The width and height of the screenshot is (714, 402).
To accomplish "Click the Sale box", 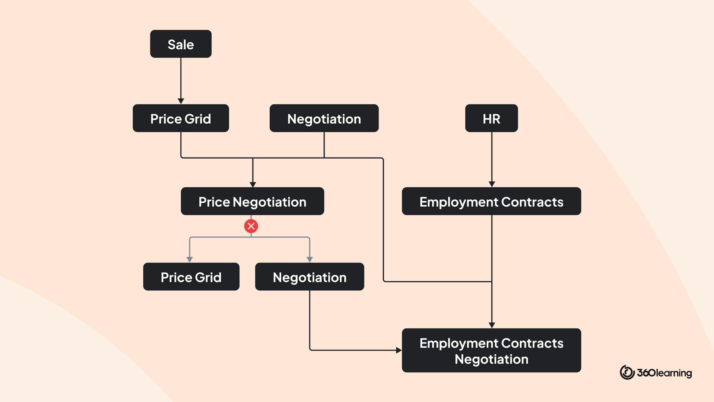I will point(181,44).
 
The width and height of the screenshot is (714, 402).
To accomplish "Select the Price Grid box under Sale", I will point(181,118).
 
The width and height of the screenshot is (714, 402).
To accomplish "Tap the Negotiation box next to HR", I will point(324,118).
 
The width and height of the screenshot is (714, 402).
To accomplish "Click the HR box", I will point(491,118).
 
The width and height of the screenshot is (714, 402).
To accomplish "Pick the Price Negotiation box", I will point(252,201).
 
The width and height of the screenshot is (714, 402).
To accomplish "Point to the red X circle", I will point(251,226).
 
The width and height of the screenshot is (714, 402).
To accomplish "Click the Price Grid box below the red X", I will point(191,277).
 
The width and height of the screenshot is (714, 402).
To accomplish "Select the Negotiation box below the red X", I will point(309,277).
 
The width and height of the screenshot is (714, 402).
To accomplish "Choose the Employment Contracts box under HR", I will point(491,201).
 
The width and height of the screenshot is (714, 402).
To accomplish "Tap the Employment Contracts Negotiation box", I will point(491,350).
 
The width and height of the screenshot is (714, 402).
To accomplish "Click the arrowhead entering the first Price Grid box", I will point(181,101).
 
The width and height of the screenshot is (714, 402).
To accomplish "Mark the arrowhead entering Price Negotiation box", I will point(253,184).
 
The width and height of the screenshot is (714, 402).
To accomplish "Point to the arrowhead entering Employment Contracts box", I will point(492,184).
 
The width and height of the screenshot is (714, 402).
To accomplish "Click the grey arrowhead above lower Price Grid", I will point(190,259).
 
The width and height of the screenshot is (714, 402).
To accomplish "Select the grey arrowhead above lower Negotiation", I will point(309,259).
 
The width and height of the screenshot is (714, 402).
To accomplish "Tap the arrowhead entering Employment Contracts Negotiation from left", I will point(399,350).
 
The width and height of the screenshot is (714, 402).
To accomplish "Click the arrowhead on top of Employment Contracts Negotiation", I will point(492,325).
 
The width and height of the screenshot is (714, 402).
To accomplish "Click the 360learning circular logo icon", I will point(627,372).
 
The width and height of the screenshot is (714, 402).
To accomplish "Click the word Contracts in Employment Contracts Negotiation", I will point(532,343).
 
